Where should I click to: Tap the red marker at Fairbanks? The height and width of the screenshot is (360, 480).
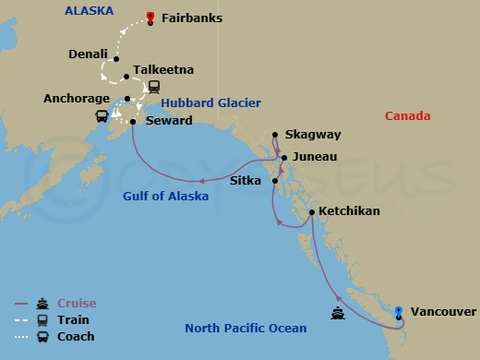pos(150,17)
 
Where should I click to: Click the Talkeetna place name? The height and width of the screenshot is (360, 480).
pos(162,69)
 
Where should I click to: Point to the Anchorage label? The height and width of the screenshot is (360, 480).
pos(79,98)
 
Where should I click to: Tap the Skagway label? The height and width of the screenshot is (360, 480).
pos(312,134)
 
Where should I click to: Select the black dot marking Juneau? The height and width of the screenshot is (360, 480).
pos(284,158)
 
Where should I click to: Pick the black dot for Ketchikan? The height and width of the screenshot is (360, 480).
pos(312,212)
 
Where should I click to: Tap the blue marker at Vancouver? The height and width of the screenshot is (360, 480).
pos(399,312)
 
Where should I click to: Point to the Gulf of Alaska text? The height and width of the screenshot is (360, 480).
pos(166,197)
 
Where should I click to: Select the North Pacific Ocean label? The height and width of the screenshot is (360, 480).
pos(245,328)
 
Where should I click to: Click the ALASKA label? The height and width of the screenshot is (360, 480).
pos(89,10)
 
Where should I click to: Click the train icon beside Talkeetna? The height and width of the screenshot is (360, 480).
pos(153,87)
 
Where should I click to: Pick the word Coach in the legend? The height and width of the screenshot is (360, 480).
pos(76,337)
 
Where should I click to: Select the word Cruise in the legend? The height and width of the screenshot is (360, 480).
pos(77,303)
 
